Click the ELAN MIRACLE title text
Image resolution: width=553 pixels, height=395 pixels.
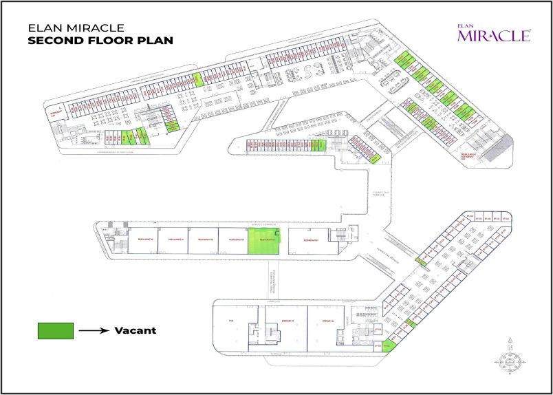click(75, 28)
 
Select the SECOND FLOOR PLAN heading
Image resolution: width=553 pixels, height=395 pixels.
click(100, 41)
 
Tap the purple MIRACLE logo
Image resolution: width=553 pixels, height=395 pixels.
click(493, 34)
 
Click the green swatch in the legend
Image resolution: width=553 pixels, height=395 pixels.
click(56, 330)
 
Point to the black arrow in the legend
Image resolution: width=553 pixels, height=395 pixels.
click(94, 331)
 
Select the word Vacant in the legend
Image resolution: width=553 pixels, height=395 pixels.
click(135, 330)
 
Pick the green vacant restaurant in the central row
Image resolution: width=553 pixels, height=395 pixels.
click(264, 242)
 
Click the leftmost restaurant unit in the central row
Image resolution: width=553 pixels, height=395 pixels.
click(142, 242)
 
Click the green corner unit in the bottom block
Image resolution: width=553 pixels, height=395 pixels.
click(387, 346)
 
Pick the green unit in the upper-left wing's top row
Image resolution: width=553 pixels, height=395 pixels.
click(197, 78)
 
